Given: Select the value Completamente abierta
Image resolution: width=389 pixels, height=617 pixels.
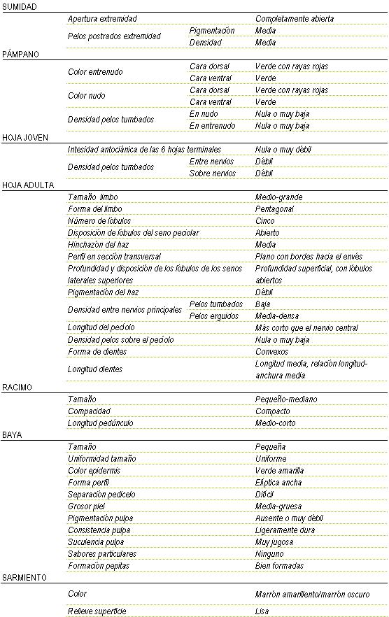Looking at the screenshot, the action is click(294, 19).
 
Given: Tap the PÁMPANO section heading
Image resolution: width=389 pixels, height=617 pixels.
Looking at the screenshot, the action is click(20, 54).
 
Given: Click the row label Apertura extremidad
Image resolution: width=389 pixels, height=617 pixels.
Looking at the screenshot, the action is click(102, 19).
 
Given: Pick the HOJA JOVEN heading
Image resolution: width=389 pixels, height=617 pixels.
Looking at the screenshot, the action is click(25, 138).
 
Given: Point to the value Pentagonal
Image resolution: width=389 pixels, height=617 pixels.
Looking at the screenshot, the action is click(274, 209).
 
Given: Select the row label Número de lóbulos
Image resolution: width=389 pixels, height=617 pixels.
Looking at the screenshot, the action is click(97, 221).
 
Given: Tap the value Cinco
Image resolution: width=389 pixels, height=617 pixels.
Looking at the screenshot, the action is click(265, 221).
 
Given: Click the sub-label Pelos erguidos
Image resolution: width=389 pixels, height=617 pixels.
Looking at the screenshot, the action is click(216, 316).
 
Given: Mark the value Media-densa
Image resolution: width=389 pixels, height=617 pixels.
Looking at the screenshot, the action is click(276, 316).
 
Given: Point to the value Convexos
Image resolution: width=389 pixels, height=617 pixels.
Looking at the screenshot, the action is click(271, 352).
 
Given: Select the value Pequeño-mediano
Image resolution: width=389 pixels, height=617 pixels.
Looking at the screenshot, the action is click(286, 399).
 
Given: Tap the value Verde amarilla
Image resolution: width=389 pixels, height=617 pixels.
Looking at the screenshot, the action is click(279, 471).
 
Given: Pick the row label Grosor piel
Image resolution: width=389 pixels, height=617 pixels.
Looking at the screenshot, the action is click(87, 506).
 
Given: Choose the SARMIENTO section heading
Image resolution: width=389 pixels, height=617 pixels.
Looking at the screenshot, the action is click(24, 578).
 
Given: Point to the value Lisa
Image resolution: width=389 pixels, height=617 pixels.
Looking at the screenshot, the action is click(262, 611).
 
